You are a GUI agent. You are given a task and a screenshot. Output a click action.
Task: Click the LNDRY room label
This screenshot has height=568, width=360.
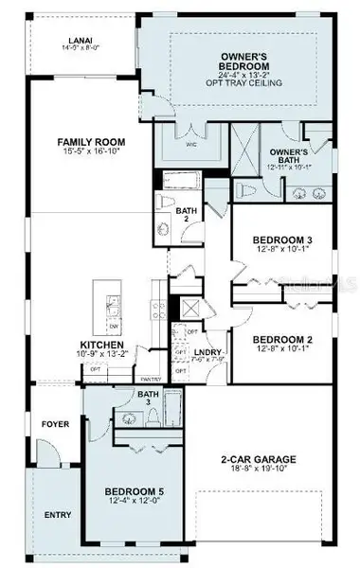pos(207,348)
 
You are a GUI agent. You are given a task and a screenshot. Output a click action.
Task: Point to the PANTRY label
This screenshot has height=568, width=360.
pos(152,378)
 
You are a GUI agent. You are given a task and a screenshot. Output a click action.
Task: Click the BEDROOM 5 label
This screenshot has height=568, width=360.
pos(135,490)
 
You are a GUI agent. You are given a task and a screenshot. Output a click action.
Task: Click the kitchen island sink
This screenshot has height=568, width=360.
pos(113,307)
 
